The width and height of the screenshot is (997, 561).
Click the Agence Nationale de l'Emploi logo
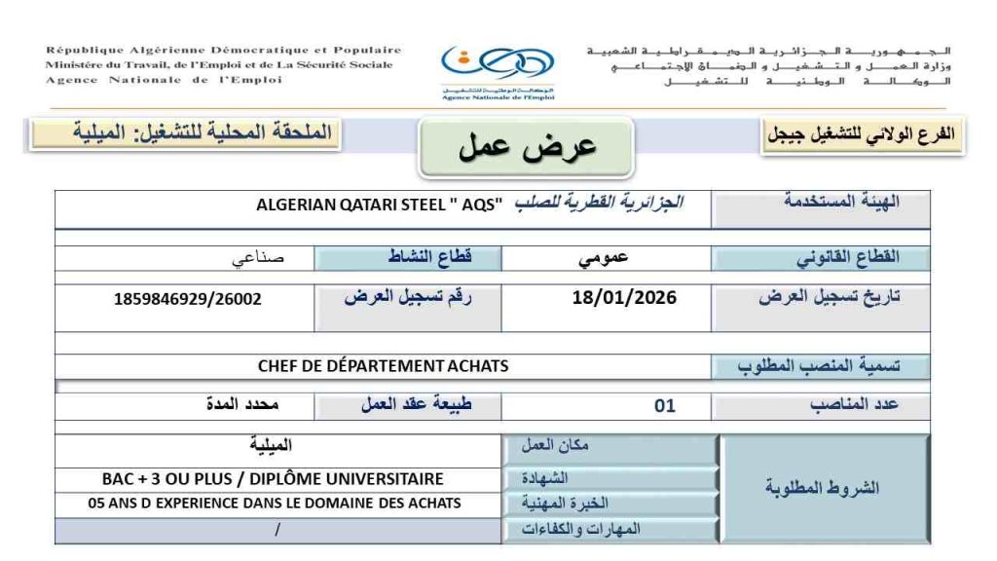pyautogui.click(x=498, y=70)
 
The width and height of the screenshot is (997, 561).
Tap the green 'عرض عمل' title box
pyautogui.click(x=527, y=147)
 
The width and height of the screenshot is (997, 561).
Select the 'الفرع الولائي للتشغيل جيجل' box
pyautogui.click(x=863, y=136)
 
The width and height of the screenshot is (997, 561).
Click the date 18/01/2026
pyautogui.click(x=624, y=297)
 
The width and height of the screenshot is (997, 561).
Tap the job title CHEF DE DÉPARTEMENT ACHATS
pyautogui.click(x=383, y=366)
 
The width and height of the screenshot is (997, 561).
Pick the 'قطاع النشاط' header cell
pyautogui.click(x=409, y=258)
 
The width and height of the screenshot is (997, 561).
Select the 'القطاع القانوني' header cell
pyautogui.click(x=820, y=258)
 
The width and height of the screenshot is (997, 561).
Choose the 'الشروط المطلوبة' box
pyautogui.click(x=822, y=487)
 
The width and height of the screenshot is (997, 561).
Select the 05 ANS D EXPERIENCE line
pyautogui.click(x=275, y=504)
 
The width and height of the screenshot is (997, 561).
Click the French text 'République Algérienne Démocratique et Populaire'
pyautogui.click(x=223, y=50)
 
